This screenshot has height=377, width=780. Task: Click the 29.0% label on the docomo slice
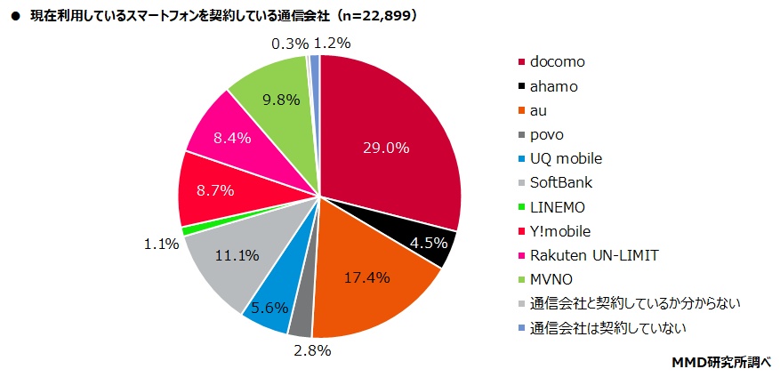click(385, 148)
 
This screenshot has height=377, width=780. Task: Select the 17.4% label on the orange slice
click(366, 277)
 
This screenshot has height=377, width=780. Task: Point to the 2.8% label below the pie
click(312, 351)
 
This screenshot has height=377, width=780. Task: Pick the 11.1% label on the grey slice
click(235, 256)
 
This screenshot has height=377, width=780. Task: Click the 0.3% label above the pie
click(289, 43)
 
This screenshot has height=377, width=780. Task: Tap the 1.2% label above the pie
click(333, 43)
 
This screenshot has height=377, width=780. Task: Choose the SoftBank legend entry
click(560, 183)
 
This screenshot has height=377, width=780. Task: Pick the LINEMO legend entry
click(558, 207)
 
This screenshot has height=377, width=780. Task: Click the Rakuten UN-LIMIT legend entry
click(593, 255)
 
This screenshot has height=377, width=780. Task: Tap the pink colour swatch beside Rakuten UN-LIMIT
click(520, 256)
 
